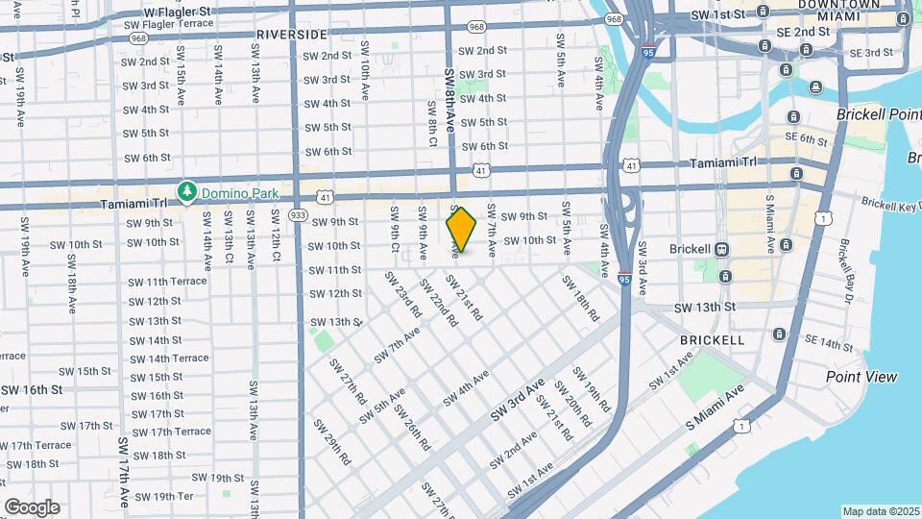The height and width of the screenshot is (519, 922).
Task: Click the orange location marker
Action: (x=461, y=230)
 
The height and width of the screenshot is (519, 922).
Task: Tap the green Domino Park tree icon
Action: (x=188, y=192)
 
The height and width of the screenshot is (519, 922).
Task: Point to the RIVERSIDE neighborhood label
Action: (x=292, y=35)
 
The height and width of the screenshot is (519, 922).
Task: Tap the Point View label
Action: (x=861, y=377)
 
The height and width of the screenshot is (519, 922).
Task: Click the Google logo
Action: (x=32, y=507)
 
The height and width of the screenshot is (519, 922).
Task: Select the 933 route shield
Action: (x=298, y=215)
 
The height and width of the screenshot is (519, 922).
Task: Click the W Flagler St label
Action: (x=176, y=11)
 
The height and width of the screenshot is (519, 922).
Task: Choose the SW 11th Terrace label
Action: (x=169, y=282)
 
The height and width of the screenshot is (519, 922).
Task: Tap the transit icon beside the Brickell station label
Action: (x=723, y=249)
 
